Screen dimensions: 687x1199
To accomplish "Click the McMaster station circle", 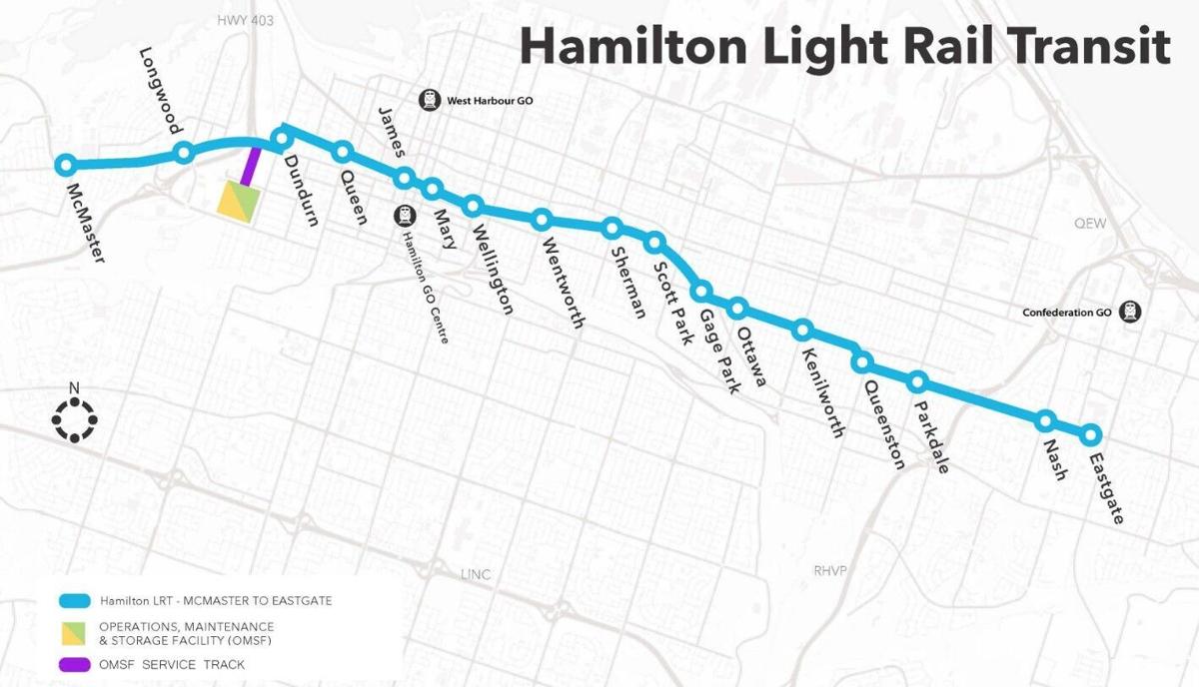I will tap(66, 165).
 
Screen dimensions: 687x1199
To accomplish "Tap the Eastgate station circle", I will tap(1090, 434).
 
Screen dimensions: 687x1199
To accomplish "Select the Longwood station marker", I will tap(184, 152).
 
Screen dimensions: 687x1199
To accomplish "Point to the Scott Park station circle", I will tap(655, 242).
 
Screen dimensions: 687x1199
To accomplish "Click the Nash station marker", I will tap(1046, 420).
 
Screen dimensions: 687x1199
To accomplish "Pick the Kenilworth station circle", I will tap(802, 330).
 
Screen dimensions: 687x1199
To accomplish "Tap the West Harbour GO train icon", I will tap(430, 100).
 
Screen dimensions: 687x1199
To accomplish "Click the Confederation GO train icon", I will tap(1131, 312).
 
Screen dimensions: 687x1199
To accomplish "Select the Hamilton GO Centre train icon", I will tap(405, 215).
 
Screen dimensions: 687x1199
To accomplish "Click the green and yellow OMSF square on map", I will tap(239, 198).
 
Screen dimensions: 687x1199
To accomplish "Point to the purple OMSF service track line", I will tap(251, 166).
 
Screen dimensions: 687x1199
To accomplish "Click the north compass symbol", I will tap(74, 419).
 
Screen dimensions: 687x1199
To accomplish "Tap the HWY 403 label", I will tap(245, 20).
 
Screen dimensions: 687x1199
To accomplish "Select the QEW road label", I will tap(1090, 224).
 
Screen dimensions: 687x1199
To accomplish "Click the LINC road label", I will tap(476, 575).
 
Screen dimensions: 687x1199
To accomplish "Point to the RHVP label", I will tap(829, 570).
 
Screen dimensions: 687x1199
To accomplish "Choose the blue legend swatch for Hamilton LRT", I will tap(76, 601).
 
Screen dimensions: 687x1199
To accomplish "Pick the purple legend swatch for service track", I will tap(76, 664).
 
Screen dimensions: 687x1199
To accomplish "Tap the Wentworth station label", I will tap(563, 282).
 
